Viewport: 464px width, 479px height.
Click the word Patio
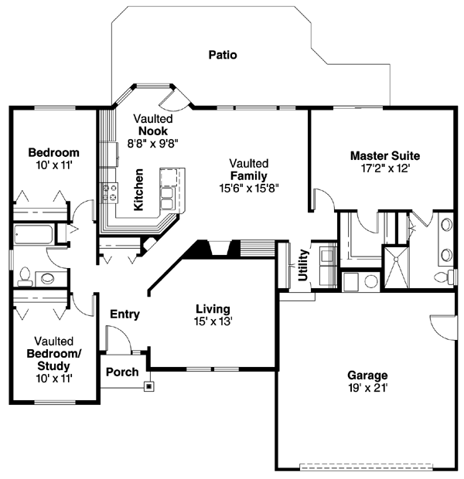pos(222,55)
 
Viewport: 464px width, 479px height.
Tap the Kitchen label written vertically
pos(138,189)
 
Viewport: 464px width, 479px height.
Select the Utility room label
pos(304,265)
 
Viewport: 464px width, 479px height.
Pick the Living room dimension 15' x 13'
pos(213,321)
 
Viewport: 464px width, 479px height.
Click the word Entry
pos(125,314)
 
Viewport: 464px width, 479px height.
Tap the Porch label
pos(121,372)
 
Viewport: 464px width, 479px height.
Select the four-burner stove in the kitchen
pos(109,192)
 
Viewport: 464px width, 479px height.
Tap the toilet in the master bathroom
pos(445,277)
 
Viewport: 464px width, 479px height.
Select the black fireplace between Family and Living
pos(203,250)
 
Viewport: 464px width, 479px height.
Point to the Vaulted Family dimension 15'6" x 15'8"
pos(248,187)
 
